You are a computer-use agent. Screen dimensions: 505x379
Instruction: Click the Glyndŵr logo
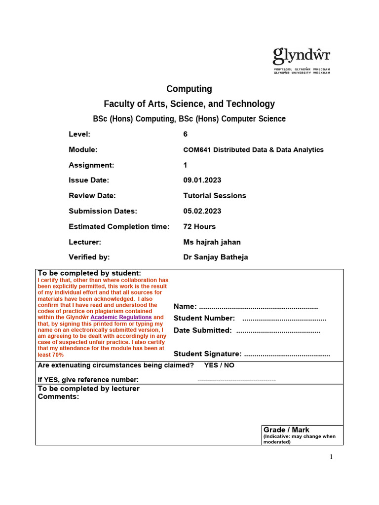pos(302,60)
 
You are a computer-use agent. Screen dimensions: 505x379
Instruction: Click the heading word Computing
pos(189,89)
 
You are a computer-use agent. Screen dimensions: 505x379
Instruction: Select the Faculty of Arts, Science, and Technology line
pos(189,104)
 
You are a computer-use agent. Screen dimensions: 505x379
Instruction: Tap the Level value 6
pos(185,134)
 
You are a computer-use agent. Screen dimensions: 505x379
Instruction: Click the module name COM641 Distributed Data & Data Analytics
pos(253,149)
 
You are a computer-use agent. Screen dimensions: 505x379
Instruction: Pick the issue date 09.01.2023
pos(202,180)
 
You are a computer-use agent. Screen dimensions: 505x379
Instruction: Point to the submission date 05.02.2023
pos(202,211)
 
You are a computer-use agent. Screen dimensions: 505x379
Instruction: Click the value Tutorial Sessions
pos(214,196)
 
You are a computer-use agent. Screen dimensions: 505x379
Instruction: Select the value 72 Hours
pos(199,227)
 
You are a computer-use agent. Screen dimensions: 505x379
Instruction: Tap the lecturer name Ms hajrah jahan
pos(212,242)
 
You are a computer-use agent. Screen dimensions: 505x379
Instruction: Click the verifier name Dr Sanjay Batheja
pos(216,257)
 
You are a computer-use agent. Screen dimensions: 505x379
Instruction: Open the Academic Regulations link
pos(121,318)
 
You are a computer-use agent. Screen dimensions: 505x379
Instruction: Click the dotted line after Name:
pos(258,307)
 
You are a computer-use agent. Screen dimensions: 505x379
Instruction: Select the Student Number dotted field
pos(284,319)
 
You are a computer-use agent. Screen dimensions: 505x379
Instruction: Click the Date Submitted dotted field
pos(278,331)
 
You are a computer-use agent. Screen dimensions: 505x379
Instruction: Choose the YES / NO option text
pos(219,365)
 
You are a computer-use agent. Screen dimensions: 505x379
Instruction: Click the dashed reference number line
pos(236,380)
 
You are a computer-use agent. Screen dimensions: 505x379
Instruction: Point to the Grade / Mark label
pos(286,430)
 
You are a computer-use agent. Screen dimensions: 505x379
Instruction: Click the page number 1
pos(331,457)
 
